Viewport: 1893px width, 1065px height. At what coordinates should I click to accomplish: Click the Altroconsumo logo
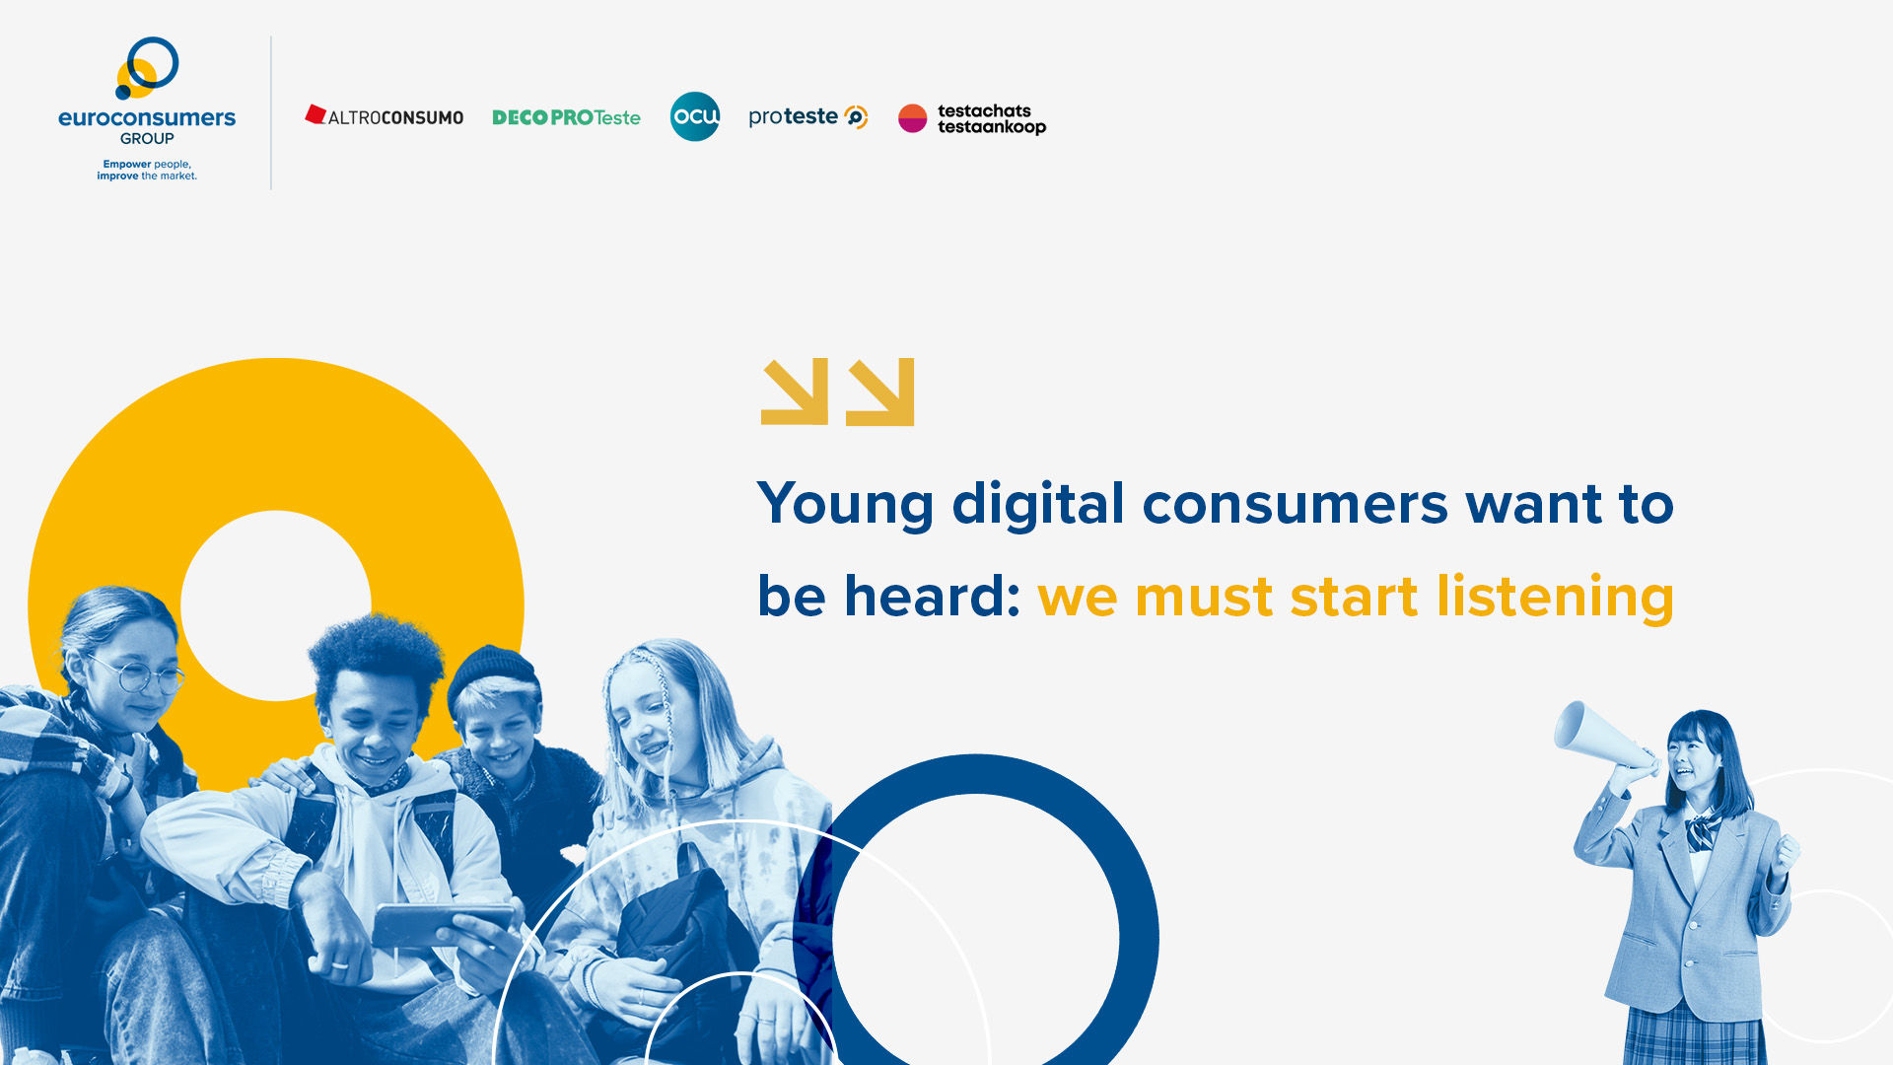coord(385,116)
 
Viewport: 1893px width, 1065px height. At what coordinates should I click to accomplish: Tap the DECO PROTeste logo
coord(566,117)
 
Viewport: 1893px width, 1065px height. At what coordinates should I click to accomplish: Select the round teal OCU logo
coord(695,116)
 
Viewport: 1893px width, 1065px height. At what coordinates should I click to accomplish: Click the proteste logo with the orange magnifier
coord(808,117)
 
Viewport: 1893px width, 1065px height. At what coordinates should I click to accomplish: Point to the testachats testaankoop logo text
coord(992,119)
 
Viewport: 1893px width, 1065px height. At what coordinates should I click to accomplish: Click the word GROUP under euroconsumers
coord(147,139)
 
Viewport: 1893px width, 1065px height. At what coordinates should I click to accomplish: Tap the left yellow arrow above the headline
coord(795,391)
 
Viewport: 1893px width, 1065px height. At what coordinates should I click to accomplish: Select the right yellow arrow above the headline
coord(880,391)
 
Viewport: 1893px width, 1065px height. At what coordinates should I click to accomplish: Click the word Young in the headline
coord(845,505)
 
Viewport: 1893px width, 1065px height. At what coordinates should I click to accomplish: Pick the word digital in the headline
coord(1038,503)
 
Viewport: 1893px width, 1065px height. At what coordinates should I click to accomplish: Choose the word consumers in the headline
coord(1296,505)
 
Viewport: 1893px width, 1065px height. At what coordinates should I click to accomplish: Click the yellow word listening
coord(1555,598)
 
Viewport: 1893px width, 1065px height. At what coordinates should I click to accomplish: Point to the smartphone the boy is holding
coord(444,924)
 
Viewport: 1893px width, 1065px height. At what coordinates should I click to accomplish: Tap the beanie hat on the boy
coord(492,677)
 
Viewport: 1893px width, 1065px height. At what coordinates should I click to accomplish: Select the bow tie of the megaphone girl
coord(1703,830)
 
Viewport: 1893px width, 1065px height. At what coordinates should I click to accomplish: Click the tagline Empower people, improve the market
coord(147,171)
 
